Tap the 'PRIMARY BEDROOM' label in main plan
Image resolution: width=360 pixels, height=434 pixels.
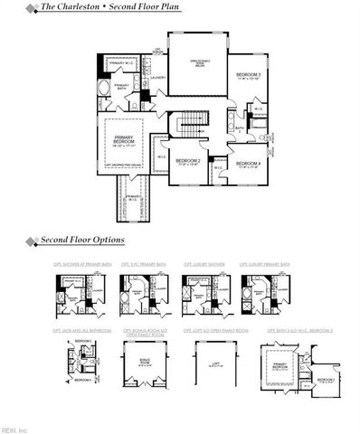click(122, 142)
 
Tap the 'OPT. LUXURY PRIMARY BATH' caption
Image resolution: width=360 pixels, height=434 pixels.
click(265, 265)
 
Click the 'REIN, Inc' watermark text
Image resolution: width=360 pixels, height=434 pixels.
click(15, 429)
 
